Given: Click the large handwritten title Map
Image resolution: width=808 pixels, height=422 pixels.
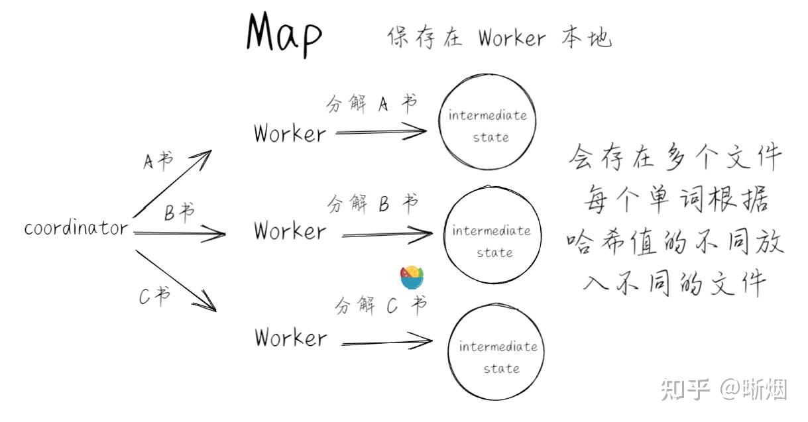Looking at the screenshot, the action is (284, 34).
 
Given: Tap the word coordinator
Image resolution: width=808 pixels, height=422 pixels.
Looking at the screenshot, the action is (76, 229).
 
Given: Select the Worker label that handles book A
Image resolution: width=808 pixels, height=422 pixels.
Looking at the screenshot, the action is (290, 134).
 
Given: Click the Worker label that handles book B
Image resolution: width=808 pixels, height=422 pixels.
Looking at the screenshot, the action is (290, 231).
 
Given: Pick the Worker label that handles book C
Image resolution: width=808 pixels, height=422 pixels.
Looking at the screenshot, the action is (291, 337).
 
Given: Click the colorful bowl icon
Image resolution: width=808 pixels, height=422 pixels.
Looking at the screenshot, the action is (412, 278).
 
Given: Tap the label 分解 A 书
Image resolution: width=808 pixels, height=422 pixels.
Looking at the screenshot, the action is (372, 104).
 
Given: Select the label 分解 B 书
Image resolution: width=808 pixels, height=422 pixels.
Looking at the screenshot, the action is (373, 203).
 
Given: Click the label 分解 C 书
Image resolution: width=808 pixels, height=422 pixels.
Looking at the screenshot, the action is (381, 305).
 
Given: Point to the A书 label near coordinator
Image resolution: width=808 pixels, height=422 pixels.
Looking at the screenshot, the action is (158, 161).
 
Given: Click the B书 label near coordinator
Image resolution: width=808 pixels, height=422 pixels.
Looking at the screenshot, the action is (179, 212).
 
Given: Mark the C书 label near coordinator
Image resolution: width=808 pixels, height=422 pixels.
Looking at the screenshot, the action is (154, 296).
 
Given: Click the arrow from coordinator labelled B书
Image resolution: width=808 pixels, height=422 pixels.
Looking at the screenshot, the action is (179, 233).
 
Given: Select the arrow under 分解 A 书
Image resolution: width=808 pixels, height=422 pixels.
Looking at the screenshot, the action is (381, 132).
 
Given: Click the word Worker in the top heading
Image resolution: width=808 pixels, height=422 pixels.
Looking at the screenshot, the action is (512, 38).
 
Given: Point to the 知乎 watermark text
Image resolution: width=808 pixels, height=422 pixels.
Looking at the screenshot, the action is (685, 389).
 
